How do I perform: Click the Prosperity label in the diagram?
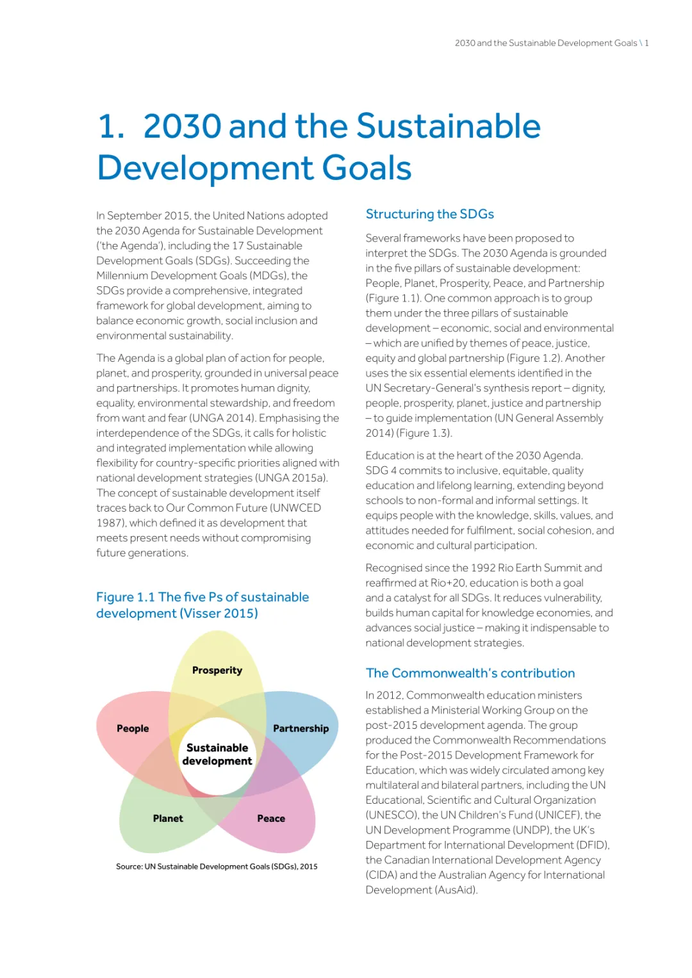217,671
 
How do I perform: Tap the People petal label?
133,729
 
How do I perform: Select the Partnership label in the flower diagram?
301,729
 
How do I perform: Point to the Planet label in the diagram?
168,819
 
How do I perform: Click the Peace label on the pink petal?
271,819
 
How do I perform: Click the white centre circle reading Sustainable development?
217,754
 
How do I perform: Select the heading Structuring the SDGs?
429,214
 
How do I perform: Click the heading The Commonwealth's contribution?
470,673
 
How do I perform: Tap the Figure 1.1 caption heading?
202,605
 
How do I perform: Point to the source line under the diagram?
217,867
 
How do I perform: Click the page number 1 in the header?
647,43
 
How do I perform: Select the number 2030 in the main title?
183,126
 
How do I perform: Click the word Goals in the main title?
367,168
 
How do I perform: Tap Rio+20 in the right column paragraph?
448,583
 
